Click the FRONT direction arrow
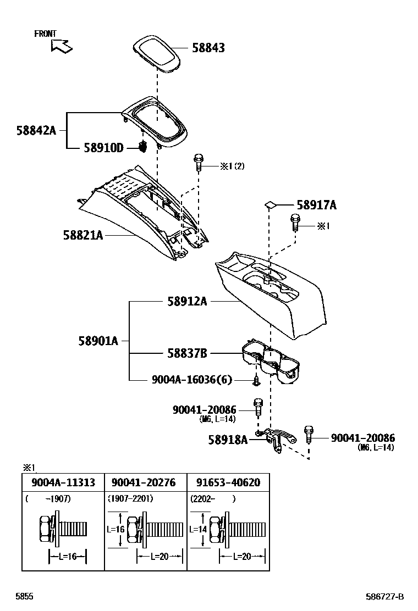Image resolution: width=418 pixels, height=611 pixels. click(x=61, y=46)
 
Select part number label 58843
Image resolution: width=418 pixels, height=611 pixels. click(x=208, y=48)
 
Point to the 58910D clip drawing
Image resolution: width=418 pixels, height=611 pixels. click(x=144, y=147)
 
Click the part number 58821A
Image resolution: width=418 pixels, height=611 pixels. click(x=82, y=235)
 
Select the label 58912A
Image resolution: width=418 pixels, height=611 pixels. click(x=187, y=301)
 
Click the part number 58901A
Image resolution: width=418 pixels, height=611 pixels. click(x=98, y=341)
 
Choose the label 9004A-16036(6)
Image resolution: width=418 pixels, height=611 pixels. click(x=192, y=380)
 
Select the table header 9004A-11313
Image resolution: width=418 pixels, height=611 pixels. click(x=63, y=482)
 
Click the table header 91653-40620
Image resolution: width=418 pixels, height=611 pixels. click(x=228, y=482)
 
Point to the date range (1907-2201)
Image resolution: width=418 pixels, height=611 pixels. click(x=130, y=499)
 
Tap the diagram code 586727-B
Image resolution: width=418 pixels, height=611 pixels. click(x=385, y=597)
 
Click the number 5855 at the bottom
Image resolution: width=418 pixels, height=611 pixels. click(x=24, y=597)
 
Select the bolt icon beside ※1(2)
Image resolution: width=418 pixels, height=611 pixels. click(x=199, y=163)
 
